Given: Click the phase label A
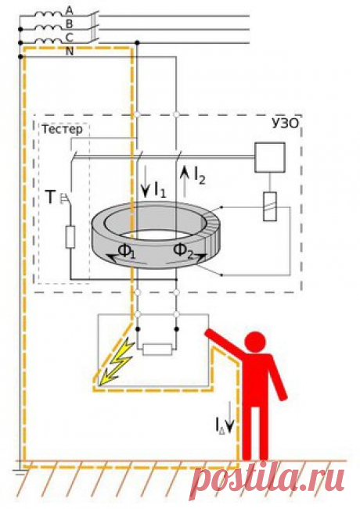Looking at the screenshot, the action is click(x=69, y=11).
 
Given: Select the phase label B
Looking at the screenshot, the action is click(x=69, y=24).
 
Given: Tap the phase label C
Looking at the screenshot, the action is click(x=69, y=38).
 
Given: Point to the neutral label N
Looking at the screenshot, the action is click(x=70, y=52).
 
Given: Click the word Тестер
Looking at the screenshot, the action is click(x=62, y=129).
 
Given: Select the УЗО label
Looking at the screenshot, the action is click(x=285, y=124).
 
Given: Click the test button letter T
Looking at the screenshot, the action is click(x=50, y=197).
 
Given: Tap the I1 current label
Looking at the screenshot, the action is click(x=160, y=190).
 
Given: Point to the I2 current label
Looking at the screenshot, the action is click(x=200, y=176).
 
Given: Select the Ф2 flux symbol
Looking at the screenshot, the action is click(x=184, y=251).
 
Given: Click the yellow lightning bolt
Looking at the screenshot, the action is click(x=116, y=361).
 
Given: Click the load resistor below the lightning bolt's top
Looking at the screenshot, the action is click(x=157, y=349).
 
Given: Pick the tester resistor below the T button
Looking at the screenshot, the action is click(x=70, y=237).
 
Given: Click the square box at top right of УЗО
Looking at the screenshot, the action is click(x=270, y=157).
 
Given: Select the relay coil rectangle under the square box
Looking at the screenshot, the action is click(x=270, y=206).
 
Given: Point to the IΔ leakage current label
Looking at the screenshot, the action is click(x=220, y=425).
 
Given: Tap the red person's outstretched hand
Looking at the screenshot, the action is click(x=208, y=333).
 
